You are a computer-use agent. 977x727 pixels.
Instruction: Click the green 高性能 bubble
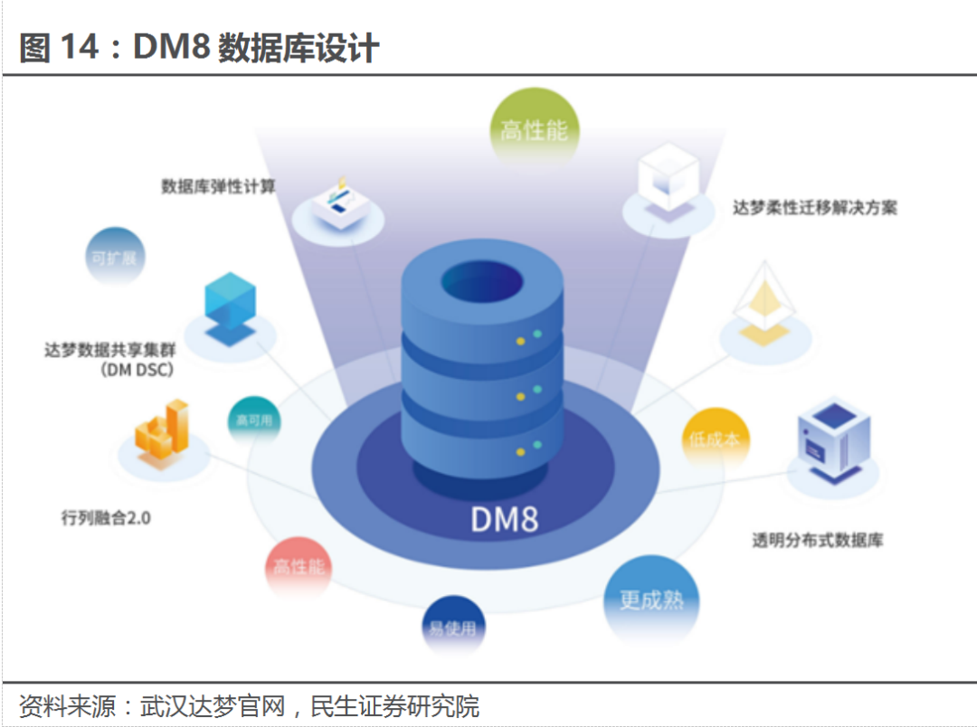[x=534, y=130]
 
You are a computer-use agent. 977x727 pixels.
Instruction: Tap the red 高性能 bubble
[x=299, y=567]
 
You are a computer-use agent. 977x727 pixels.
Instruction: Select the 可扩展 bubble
[x=114, y=257]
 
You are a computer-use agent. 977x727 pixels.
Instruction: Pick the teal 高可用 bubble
[x=254, y=420]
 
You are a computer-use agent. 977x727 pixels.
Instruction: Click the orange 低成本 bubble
[x=715, y=440]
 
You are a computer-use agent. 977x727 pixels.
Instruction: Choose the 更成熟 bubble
[x=651, y=600]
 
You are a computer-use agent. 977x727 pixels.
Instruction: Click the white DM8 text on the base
[x=504, y=520]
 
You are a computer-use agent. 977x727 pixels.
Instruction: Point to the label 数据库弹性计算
[x=218, y=187]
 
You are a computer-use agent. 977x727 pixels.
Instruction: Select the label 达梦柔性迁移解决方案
[x=815, y=207]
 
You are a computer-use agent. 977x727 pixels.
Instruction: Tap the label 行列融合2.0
[x=105, y=518]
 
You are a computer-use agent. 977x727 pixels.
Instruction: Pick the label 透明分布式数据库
[x=818, y=541]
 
